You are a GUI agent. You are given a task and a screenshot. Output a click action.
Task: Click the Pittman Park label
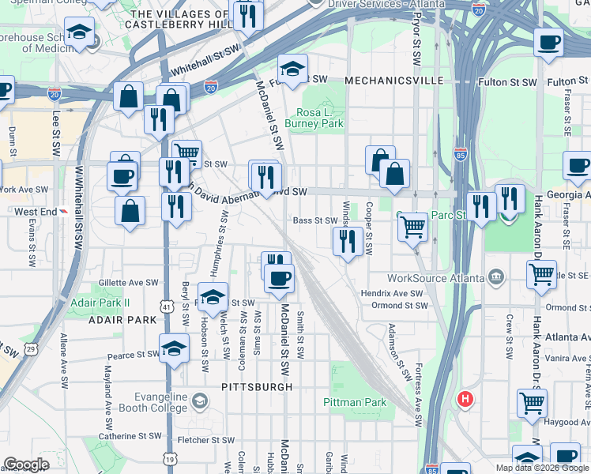pos(355,402)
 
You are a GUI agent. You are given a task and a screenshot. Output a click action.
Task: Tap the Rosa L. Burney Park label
pos(320,118)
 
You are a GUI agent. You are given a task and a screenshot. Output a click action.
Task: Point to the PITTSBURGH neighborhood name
pos(257,387)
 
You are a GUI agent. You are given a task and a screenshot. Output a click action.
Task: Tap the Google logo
pos(26,465)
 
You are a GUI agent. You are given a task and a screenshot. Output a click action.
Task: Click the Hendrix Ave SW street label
pos(393,293)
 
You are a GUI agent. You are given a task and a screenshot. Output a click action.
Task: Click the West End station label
pos(34,212)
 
